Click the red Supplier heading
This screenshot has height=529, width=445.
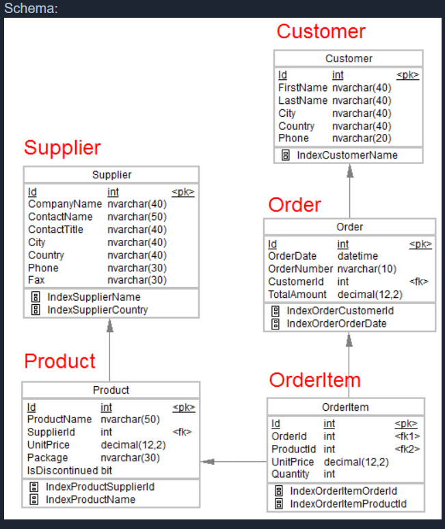62,148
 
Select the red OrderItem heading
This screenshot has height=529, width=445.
314,380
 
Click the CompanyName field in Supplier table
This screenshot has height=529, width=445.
64,204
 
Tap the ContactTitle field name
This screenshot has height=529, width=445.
55,230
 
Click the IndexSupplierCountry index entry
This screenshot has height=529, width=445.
97,310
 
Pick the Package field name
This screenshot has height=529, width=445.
47,458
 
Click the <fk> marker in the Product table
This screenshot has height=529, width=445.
182,432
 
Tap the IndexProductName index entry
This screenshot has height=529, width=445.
90,500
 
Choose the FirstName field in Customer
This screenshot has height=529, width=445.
303,88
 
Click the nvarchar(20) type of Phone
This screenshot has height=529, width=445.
362,138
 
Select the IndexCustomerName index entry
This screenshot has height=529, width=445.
347,155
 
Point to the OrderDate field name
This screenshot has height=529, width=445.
292,256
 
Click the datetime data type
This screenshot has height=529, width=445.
358,256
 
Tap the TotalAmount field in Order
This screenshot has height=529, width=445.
297,295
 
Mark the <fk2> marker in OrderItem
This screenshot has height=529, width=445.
407,449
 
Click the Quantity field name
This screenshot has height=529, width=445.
291,474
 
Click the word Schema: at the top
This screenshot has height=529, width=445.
31,8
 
